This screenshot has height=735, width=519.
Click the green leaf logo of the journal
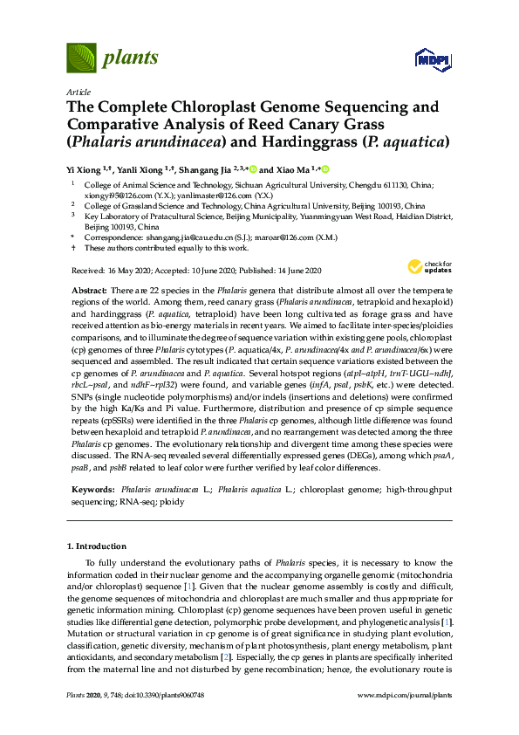point(81,58)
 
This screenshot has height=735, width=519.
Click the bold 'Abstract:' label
point(90,289)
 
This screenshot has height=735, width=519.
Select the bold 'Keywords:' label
point(92,492)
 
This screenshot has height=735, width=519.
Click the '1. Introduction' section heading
point(97,546)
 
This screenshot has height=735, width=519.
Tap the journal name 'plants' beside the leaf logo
point(131,58)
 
